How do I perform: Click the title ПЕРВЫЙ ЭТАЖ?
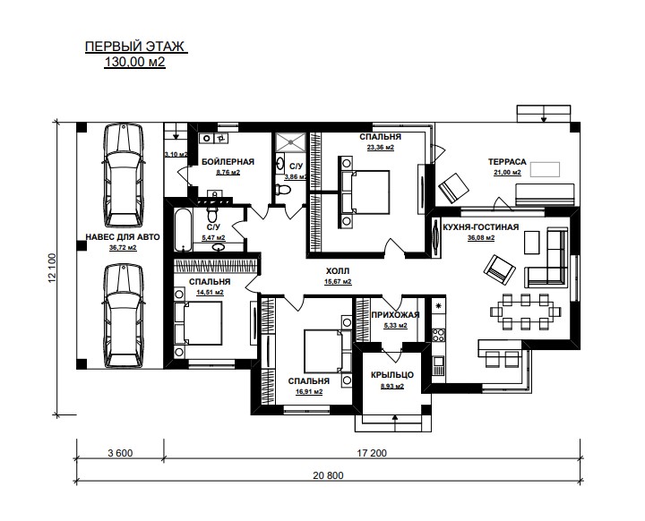pyautogui.click(x=135, y=47)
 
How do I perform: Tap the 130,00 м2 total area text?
pyautogui.click(x=135, y=62)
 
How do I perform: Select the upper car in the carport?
pyautogui.click(x=124, y=175)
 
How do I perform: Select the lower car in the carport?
pyautogui.click(x=124, y=316)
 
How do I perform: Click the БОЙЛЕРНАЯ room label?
pyautogui.click(x=228, y=162)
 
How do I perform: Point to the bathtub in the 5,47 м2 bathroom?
pyautogui.click(x=183, y=230)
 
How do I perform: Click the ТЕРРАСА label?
pyautogui.click(x=507, y=162)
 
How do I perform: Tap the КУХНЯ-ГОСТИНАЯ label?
pyautogui.click(x=481, y=227)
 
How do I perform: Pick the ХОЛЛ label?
pyautogui.click(x=338, y=271)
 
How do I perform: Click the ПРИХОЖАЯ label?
pyautogui.click(x=395, y=315)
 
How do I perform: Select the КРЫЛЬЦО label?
pyautogui.click(x=392, y=375)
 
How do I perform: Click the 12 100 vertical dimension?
pyautogui.click(x=52, y=268)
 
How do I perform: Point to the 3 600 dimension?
pyautogui.click(x=120, y=453)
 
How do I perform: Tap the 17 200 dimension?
pyautogui.click(x=372, y=453)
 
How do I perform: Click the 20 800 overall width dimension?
pyautogui.click(x=328, y=475)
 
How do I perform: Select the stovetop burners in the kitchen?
pyautogui.click(x=438, y=335)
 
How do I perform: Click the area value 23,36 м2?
pyautogui.click(x=381, y=147)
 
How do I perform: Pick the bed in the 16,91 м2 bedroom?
pyautogui.click(x=328, y=351)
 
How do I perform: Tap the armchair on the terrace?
pyautogui.click(x=453, y=188)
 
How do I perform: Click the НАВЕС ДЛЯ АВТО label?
pyautogui.click(x=123, y=237)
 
